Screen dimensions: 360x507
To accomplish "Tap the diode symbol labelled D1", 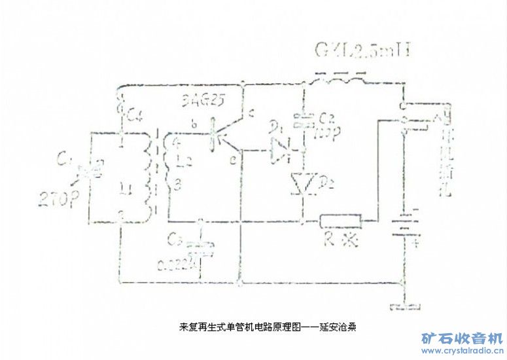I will [x=283, y=151].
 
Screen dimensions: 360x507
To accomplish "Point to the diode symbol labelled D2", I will [x=303, y=183].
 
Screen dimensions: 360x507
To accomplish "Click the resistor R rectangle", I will [x=341, y=221].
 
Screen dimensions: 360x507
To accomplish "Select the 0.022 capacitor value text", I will [x=178, y=264].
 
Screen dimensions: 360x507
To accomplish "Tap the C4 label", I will [x=135, y=117].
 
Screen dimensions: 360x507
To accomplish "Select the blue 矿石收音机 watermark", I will [x=461, y=338].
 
